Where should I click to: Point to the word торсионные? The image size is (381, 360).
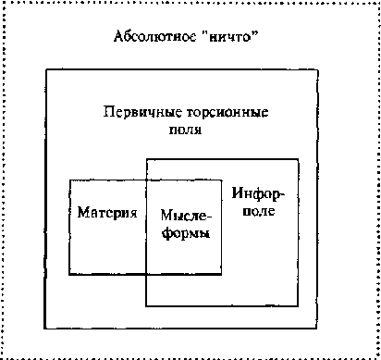click(221, 113)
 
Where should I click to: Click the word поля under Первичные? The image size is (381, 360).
click(191, 130)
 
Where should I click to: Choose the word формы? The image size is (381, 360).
click(186, 233)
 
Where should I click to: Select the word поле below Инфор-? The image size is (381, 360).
click(261, 212)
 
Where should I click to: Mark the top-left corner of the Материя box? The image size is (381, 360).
click(70, 180)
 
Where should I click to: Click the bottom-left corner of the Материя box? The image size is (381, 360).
click(70, 274)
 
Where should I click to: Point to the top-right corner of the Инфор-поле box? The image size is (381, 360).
click(299, 159)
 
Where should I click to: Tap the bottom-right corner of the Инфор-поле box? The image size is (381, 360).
click(299, 305)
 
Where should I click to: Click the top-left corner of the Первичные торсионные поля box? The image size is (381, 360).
click(44, 68)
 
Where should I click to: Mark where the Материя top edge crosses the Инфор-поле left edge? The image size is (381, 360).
click(146, 180)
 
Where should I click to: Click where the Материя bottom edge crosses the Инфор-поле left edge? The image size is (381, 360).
click(146, 274)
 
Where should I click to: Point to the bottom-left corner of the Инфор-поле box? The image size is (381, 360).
click(146, 305)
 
